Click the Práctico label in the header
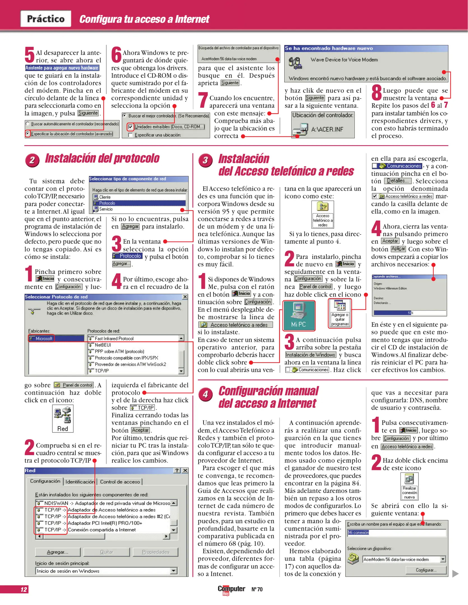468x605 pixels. [46, 19]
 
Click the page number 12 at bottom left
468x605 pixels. [24, 589]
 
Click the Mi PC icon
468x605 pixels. [299, 315]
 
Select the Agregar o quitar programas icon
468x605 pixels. [340, 313]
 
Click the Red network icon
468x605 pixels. [63, 418]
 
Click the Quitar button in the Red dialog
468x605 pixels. [106, 552]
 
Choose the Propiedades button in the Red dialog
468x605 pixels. [155, 552]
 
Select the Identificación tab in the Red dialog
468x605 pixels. [80, 482]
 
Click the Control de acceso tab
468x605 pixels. [120, 482]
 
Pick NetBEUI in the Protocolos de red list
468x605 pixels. [103, 345]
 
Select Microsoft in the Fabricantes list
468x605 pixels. [44, 339]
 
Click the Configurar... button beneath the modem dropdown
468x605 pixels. [426, 570]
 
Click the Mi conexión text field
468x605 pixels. [396, 532]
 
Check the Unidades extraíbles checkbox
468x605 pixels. [130, 127]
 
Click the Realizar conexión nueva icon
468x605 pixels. [409, 486]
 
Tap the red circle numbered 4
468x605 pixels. [206, 394]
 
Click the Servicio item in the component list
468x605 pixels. [106, 209]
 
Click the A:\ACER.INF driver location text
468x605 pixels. [327, 129]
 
